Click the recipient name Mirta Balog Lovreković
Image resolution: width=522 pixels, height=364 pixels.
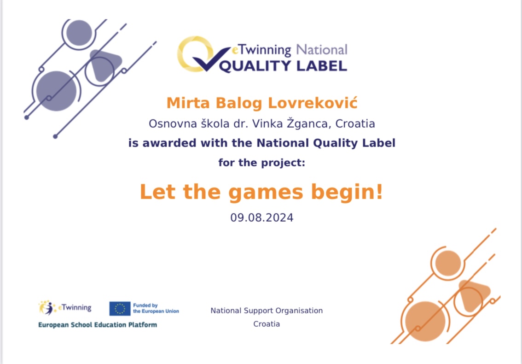coord(261,103)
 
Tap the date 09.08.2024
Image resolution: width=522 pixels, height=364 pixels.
coord(261,217)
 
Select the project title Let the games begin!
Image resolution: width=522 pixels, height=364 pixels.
coord(261,192)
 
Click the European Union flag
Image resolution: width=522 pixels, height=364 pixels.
coord(120,309)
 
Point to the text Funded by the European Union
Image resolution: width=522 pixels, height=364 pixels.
coord(156,308)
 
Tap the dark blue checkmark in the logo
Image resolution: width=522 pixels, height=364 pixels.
coord(212,59)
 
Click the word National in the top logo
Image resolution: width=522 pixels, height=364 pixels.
coord(322,50)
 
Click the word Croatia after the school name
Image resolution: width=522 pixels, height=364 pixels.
coord(355,123)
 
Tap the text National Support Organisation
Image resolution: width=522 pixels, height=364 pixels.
coord(267,311)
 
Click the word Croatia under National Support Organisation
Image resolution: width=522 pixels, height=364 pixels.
coord(267,324)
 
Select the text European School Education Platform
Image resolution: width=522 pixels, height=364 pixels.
coord(98,325)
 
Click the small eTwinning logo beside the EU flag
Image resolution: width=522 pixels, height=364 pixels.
coord(65,308)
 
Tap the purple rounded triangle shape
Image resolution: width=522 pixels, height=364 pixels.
coord(105,65)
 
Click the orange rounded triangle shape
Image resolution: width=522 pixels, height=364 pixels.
coord(473,295)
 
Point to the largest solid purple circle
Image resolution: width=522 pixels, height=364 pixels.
coord(56,91)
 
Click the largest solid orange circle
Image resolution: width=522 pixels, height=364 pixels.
coord(425,322)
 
